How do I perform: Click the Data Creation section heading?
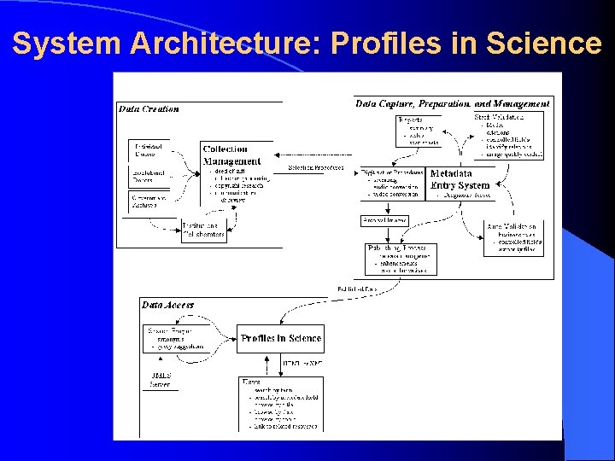click(x=149, y=108)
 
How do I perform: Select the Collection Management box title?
click(x=231, y=155)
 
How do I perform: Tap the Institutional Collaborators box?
click(x=203, y=230)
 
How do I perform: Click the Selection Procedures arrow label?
click(x=315, y=167)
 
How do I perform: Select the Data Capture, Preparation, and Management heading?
click(x=453, y=102)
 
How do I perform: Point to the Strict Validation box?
click(x=510, y=135)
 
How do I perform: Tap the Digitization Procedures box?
click(x=393, y=183)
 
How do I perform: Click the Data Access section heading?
click(x=167, y=304)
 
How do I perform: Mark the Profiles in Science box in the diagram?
click(x=281, y=338)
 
